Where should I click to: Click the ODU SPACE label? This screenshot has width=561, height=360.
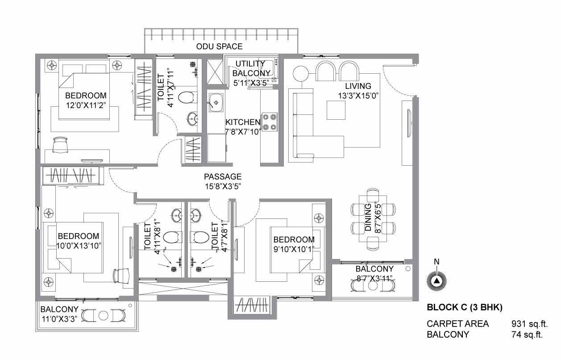(x=219, y=46)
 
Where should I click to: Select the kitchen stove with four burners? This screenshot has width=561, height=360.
(x=270, y=122)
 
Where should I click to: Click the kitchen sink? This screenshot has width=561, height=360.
(x=216, y=103)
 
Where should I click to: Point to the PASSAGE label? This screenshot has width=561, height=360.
(x=223, y=176)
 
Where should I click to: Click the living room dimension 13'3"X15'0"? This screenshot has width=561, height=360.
(x=358, y=96)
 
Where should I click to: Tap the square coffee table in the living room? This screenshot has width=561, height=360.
(x=336, y=110)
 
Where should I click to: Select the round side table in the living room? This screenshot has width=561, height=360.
(x=300, y=73)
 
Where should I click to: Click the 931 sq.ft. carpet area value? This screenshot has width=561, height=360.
(x=529, y=324)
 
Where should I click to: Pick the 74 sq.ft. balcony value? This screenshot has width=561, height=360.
(x=527, y=335)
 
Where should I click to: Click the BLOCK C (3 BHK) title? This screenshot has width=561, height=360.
(x=465, y=307)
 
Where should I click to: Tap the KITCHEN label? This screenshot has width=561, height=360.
(x=243, y=122)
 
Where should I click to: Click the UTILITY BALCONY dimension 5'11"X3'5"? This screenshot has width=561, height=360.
(x=251, y=83)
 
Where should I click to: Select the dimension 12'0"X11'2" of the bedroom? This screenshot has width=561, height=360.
(x=86, y=105)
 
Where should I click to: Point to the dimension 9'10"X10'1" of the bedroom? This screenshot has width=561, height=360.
(x=294, y=250)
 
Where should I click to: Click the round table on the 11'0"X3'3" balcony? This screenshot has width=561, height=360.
(x=103, y=316)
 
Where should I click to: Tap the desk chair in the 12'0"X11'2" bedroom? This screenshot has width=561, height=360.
(x=60, y=144)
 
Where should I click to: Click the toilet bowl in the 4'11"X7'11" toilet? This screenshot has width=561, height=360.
(x=186, y=97)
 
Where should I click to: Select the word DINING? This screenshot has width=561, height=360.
(x=368, y=217)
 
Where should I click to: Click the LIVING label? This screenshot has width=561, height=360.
(x=358, y=86)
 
